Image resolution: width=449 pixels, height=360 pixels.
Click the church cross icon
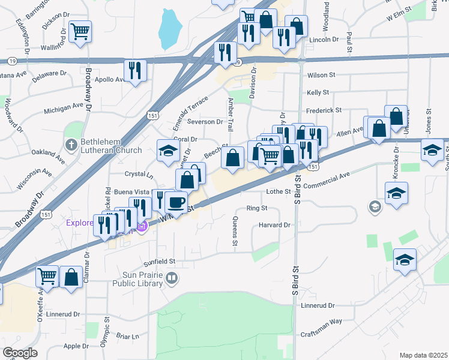point(71,145)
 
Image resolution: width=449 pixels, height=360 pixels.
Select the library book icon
point(172,278)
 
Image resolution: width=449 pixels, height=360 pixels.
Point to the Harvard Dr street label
point(275,225)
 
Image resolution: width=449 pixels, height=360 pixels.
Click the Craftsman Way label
point(323,321)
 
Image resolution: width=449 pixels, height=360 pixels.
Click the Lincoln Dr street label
point(324,39)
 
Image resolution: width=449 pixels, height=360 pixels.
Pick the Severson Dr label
point(205,121)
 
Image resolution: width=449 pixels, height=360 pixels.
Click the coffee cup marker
point(176,202)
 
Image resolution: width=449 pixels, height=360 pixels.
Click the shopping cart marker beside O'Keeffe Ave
point(47,276)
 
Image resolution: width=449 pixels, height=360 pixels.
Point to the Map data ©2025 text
point(423,355)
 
